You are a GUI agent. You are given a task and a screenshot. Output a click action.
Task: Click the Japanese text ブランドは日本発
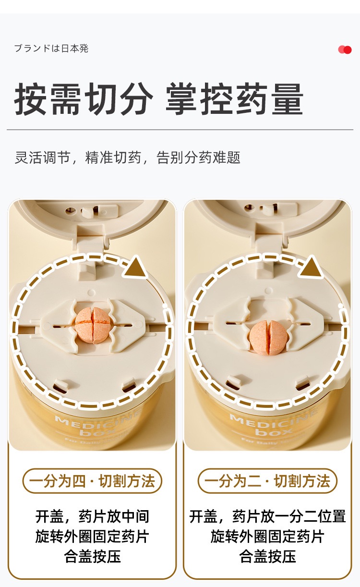click(51, 49)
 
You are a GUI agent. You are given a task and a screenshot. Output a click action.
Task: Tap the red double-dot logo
click(345, 49)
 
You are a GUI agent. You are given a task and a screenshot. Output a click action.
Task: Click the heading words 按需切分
click(84, 99)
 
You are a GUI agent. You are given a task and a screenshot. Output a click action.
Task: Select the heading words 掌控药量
click(234, 99)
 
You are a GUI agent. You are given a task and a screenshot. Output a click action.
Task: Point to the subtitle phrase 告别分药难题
click(198, 158)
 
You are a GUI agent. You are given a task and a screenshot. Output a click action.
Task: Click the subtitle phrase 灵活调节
click(42, 158)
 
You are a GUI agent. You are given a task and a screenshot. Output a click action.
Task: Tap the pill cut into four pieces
click(93, 325)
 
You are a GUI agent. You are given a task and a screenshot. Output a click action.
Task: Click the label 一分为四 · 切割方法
click(92, 481)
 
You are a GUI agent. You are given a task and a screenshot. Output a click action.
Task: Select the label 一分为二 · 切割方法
click(267, 481)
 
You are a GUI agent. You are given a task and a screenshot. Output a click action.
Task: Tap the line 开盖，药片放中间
click(93, 516)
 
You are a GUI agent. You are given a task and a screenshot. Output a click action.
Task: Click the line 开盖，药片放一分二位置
click(267, 516)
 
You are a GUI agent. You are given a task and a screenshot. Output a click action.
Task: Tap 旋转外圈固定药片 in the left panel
click(93, 536)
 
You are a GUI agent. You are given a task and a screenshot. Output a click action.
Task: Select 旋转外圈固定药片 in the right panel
click(267, 536)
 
